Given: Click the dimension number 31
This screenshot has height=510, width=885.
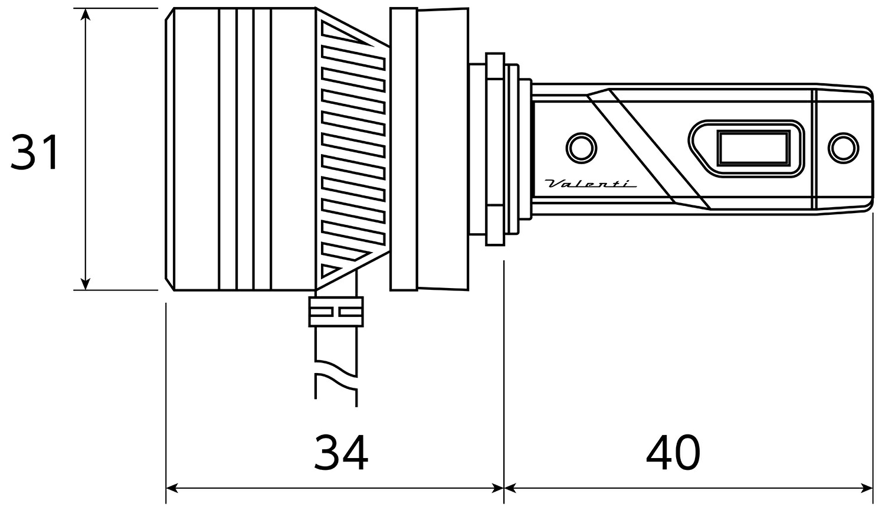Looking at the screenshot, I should pyautogui.click(x=35, y=152).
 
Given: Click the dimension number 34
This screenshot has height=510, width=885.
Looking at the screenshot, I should pyautogui.click(x=341, y=453).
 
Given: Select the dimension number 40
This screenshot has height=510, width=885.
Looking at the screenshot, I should pyautogui.click(x=673, y=453).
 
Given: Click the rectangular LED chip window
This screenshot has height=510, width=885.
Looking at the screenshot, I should pyautogui.click(x=753, y=148).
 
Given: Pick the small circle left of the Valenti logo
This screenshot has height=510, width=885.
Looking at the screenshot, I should pyautogui.click(x=581, y=146).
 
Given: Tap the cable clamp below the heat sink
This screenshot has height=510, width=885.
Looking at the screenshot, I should pyautogui.click(x=336, y=312).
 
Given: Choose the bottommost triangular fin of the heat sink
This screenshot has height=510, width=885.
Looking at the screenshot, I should pyautogui.click(x=333, y=270).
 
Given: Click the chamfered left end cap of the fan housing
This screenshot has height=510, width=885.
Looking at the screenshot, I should pyautogui.click(x=169, y=149).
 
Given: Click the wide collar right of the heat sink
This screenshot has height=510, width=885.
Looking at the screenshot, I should pyautogui.click(x=404, y=149).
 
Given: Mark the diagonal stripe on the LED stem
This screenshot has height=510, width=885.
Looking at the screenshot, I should pyautogui.click(x=649, y=149).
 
